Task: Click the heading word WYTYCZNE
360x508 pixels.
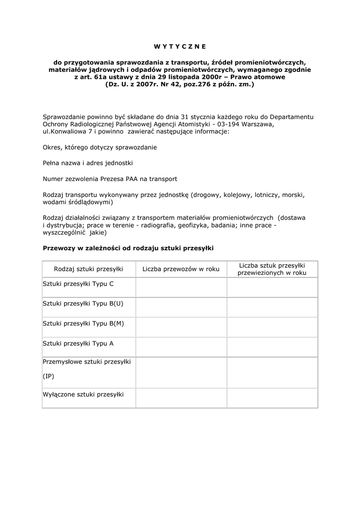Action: coord(179,47)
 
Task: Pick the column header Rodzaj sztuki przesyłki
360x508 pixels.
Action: coord(88,269)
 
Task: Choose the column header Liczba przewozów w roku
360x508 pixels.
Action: coord(181,269)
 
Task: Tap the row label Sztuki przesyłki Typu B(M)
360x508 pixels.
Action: coord(83,323)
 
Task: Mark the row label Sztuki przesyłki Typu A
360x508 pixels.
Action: coord(78,343)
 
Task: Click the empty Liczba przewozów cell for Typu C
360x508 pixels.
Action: coord(181,287)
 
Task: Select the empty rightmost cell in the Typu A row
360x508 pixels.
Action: coord(272,347)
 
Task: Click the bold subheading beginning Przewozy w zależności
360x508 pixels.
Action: coord(128,248)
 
